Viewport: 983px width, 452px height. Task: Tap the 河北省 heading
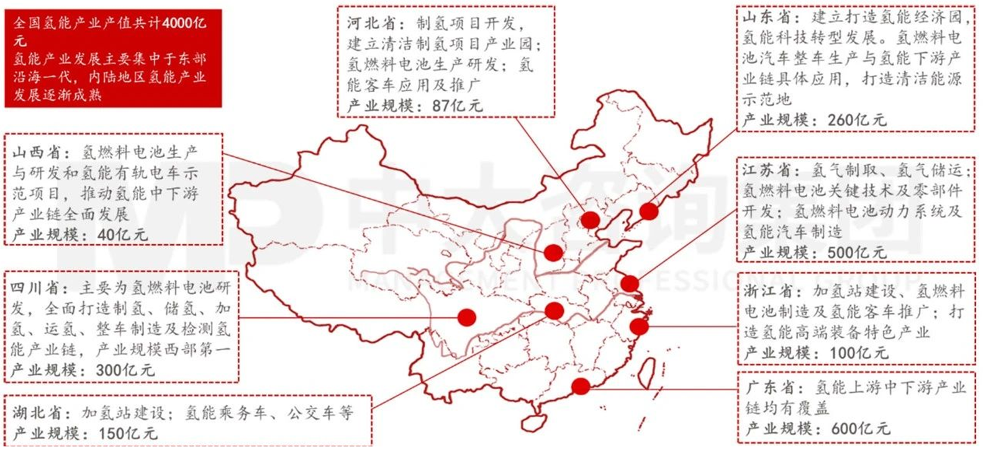(x=371, y=24)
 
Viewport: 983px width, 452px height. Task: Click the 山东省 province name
(x=765, y=17)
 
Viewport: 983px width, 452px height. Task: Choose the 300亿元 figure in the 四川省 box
(x=125, y=371)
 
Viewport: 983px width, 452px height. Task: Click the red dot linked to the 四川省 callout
(x=466, y=317)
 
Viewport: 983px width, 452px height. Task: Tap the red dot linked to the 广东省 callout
(x=581, y=386)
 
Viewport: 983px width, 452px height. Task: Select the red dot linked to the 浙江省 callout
(x=639, y=326)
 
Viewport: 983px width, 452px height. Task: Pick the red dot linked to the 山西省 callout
(x=553, y=252)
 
